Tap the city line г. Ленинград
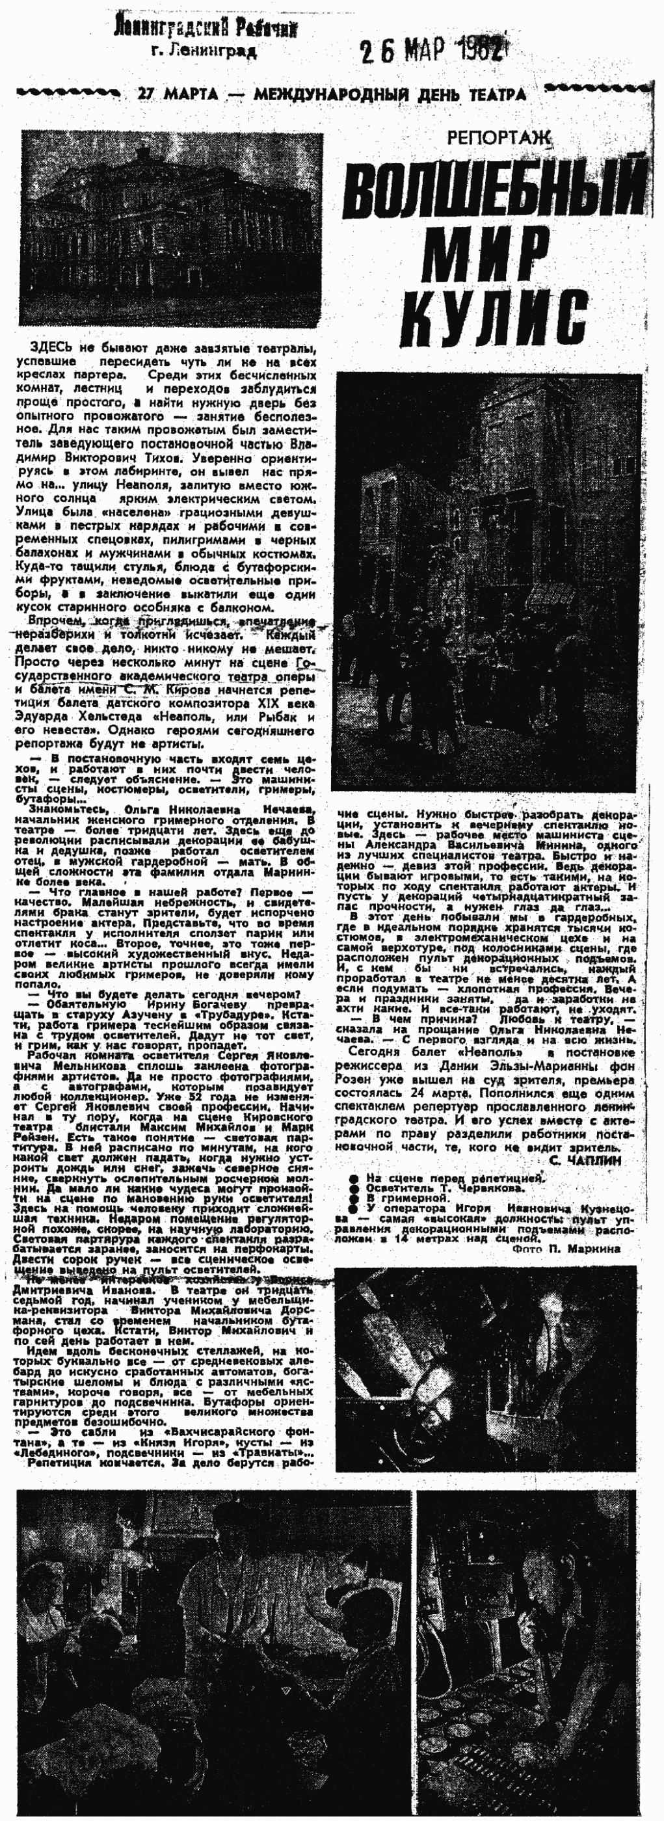(204, 51)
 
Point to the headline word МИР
(487, 251)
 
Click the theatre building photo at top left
(171, 228)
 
